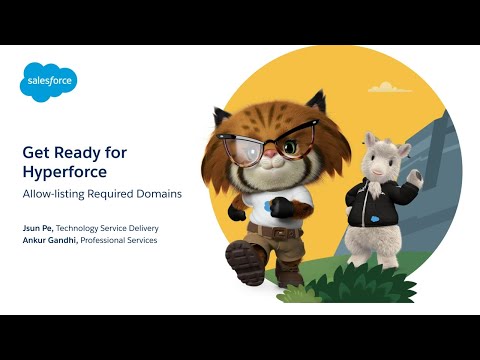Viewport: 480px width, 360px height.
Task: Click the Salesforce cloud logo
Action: (48, 83)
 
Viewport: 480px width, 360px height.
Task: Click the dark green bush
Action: (330, 285)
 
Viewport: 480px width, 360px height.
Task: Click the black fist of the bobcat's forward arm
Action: (283, 208)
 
